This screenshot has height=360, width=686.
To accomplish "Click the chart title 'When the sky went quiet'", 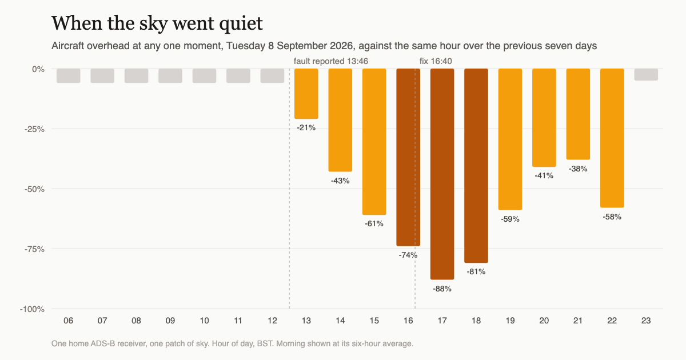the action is [157, 23].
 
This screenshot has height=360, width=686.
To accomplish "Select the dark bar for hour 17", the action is [442, 174].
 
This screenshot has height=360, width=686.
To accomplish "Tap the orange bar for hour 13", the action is [306, 94].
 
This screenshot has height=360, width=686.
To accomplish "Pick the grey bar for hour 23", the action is [646, 74].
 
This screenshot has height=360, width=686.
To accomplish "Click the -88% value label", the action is [442, 289].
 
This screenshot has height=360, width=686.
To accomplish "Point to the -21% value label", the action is [306, 127].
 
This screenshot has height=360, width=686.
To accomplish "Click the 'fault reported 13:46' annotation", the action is [331, 61].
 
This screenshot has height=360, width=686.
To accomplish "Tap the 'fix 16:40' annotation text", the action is [436, 61].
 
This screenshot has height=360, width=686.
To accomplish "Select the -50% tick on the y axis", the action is [35, 189].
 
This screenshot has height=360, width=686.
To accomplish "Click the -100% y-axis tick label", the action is [32, 309].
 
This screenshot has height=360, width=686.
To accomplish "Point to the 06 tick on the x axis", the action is [68, 321].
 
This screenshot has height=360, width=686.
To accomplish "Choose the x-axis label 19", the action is [510, 321].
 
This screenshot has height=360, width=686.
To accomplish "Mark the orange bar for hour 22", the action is [612, 138].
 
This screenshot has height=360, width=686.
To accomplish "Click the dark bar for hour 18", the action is [476, 166].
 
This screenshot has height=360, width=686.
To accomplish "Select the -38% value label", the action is [578, 169].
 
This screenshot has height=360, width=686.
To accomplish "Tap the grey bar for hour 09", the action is [170, 75].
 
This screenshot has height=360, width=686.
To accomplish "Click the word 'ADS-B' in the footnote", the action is [102, 343].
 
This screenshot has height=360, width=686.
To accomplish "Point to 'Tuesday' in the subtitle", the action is [246, 46].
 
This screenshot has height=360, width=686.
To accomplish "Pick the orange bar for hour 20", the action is [544, 118].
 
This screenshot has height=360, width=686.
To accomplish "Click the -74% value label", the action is [408, 255].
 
